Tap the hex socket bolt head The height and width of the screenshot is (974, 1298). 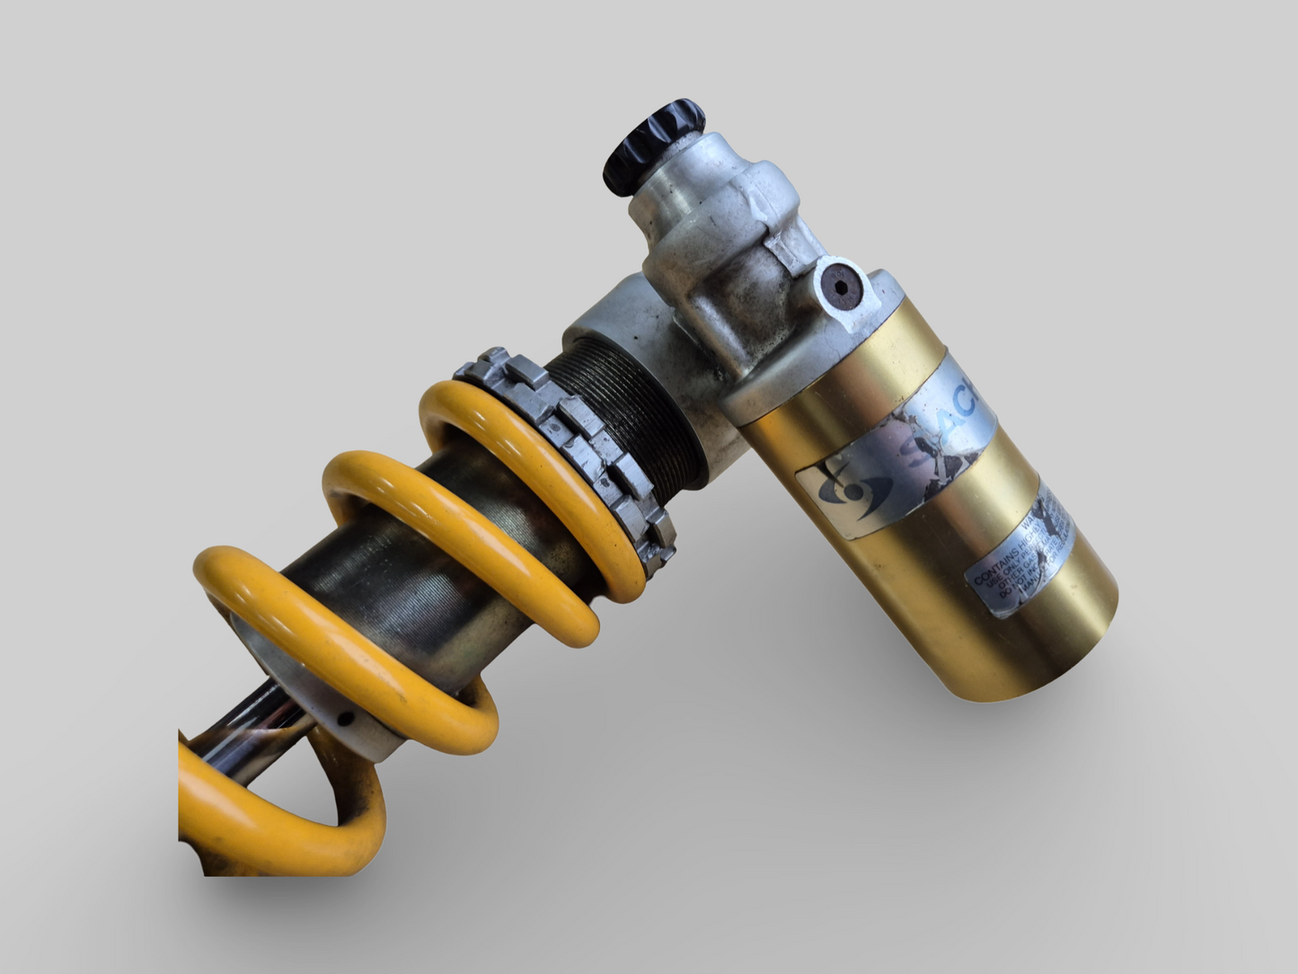coord(841,287)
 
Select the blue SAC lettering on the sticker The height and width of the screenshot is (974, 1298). coord(952,423)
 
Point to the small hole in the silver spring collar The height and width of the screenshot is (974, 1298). coord(342,717)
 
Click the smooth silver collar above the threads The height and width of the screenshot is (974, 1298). coord(620,314)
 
